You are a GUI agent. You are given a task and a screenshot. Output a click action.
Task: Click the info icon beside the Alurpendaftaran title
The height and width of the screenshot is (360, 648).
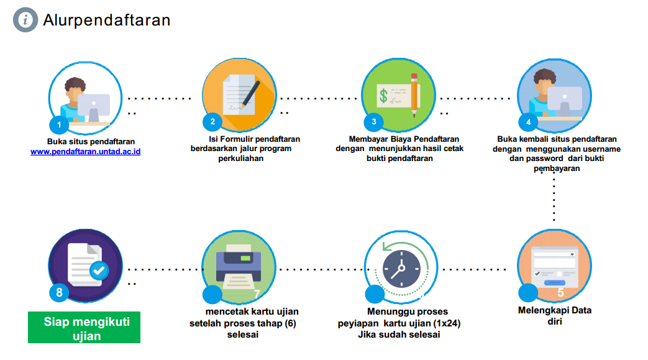click(x=25, y=20)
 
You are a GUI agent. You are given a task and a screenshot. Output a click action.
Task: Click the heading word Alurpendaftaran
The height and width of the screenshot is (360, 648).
click(x=106, y=20)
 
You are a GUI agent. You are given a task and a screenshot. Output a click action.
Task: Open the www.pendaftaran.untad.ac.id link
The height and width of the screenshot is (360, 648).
click(x=85, y=151)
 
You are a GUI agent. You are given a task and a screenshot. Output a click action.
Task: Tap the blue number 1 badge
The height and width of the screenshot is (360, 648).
click(x=59, y=124)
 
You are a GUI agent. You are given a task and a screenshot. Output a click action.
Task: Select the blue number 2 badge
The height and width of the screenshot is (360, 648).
click(x=212, y=122)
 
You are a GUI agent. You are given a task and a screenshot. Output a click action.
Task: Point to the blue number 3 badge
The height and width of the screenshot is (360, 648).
click(x=373, y=122)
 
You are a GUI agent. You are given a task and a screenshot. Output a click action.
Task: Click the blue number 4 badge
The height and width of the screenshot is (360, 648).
click(x=528, y=122)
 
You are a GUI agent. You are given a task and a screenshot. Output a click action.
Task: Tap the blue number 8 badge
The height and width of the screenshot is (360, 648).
click(x=59, y=293)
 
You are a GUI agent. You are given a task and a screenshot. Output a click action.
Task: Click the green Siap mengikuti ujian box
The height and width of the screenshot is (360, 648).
click(x=84, y=328)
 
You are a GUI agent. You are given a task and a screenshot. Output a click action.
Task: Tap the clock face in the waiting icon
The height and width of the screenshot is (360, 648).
click(x=397, y=268)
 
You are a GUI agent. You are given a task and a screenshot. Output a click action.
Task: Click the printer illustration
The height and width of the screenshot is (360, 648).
click(x=239, y=264)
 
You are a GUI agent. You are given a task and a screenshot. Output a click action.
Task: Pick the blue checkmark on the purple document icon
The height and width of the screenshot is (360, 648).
click(x=98, y=270)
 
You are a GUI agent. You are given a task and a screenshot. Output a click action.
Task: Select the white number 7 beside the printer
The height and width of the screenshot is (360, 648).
click(x=257, y=293)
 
